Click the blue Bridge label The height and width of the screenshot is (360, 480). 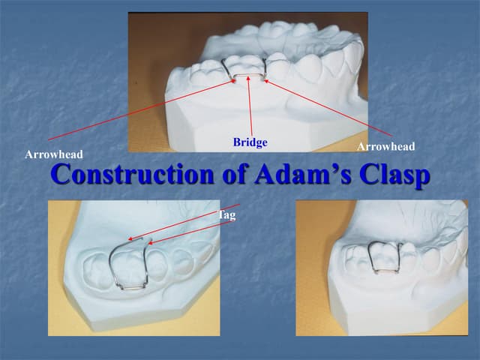pos(250,142)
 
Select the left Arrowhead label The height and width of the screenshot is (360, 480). pos(53,154)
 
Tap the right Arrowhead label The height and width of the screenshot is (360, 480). pos(385,146)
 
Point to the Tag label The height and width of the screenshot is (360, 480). pos(226,215)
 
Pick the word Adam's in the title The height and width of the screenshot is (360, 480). pos(307,175)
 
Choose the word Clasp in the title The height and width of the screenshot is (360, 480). pos(394,175)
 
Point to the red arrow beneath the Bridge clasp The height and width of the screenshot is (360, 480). pos(250,109)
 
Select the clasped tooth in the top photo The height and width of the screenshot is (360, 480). pos(247,66)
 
